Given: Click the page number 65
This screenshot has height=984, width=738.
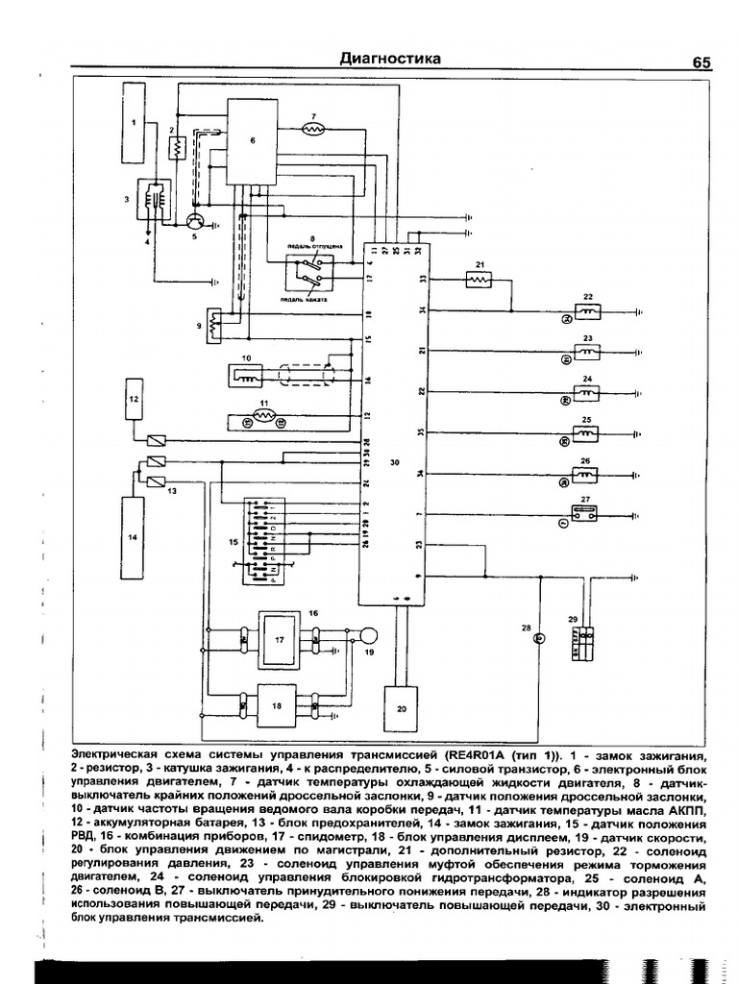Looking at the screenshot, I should tap(701, 62).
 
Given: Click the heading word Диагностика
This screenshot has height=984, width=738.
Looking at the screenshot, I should tap(390, 59).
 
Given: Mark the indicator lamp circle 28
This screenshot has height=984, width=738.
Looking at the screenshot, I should tap(539, 637).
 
